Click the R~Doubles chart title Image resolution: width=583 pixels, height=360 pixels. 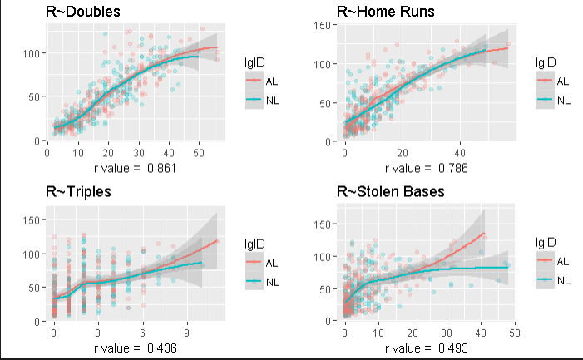point(83,12)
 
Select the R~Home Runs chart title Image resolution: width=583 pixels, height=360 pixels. point(386,12)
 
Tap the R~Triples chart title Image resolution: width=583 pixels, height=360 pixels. point(78,192)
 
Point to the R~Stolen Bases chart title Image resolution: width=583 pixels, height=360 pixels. point(391,192)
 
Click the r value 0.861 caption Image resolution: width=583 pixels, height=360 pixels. point(135,168)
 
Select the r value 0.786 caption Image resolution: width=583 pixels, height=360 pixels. point(427,168)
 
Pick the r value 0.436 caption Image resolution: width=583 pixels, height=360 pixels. point(135,348)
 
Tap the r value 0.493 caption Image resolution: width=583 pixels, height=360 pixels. point(427,348)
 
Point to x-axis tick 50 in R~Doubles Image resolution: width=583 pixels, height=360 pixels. point(199,153)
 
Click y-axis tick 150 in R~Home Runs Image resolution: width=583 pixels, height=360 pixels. point(322,25)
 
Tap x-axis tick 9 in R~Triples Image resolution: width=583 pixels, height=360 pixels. point(187,333)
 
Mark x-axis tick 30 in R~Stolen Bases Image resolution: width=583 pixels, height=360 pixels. point(447,333)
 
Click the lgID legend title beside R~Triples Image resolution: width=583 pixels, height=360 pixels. point(254,244)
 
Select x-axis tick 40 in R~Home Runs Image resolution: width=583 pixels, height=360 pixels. point(460,153)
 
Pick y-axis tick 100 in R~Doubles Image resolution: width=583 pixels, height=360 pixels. point(31,53)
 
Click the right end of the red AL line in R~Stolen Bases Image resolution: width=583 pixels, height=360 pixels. point(485,233)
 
